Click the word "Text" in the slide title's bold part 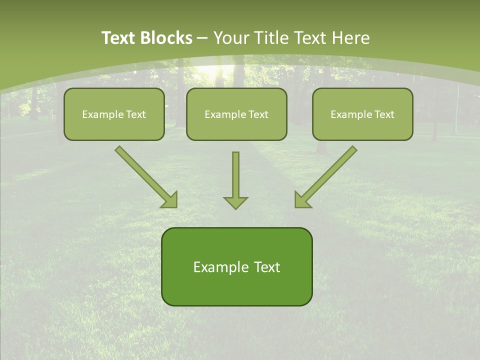coord(118,38)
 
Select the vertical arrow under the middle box coord(235,175)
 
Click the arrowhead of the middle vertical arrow coord(235,202)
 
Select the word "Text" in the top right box coord(384,114)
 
